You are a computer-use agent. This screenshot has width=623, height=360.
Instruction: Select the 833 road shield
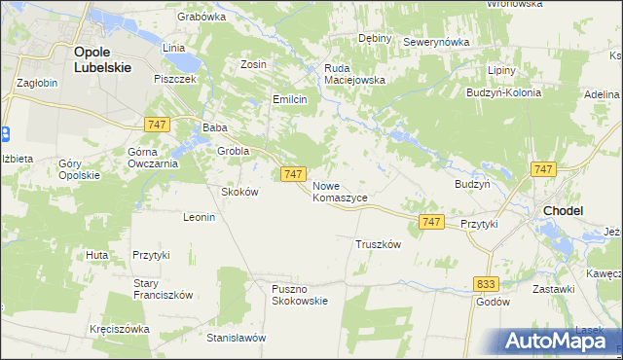click(488, 283)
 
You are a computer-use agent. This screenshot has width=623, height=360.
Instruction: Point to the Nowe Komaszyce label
click(340, 191)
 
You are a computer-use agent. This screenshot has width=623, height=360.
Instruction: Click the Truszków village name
click(379, 245)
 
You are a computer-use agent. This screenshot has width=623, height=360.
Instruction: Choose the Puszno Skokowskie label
click(300, 294)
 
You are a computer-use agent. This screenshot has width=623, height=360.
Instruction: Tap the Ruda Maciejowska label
click(354, 74)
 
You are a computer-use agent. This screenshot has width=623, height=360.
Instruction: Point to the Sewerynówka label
click(436, 43)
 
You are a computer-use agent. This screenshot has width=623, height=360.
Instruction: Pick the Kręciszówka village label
click(119, 329)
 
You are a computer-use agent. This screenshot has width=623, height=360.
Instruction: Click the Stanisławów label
click(237, 338)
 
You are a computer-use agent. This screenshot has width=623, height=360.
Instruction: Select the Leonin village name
click(199, 217)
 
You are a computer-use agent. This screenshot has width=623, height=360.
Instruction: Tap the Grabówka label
click(202, 17)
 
